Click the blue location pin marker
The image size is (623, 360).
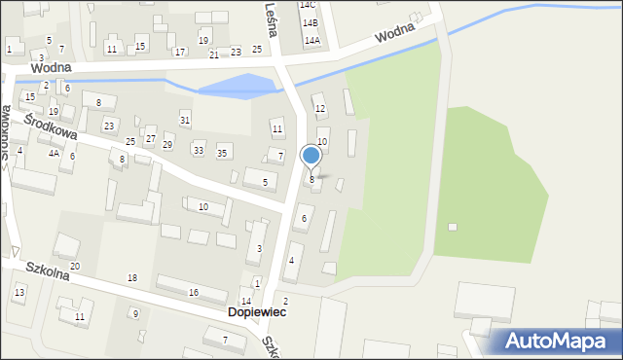click(311, 156)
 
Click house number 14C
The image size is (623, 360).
click(309, 5)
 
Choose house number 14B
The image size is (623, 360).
click(310, 22)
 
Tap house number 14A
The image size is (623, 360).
click(311, 41)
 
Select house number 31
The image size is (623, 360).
click(185, 120)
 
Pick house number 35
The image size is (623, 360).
click(222, 153)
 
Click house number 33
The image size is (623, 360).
click(199, 150)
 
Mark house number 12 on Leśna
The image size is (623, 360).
click(319, 108)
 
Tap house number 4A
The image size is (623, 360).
click(55, 153)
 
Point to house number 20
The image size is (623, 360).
click(75, 266)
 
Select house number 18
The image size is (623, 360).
click(132, 278)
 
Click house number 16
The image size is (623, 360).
click(194, 292)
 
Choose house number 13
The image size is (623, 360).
click(19, 292)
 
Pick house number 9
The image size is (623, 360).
click(135, 313)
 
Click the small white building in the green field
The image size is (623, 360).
click(453, 227)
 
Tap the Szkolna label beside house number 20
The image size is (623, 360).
click(47, 273)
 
